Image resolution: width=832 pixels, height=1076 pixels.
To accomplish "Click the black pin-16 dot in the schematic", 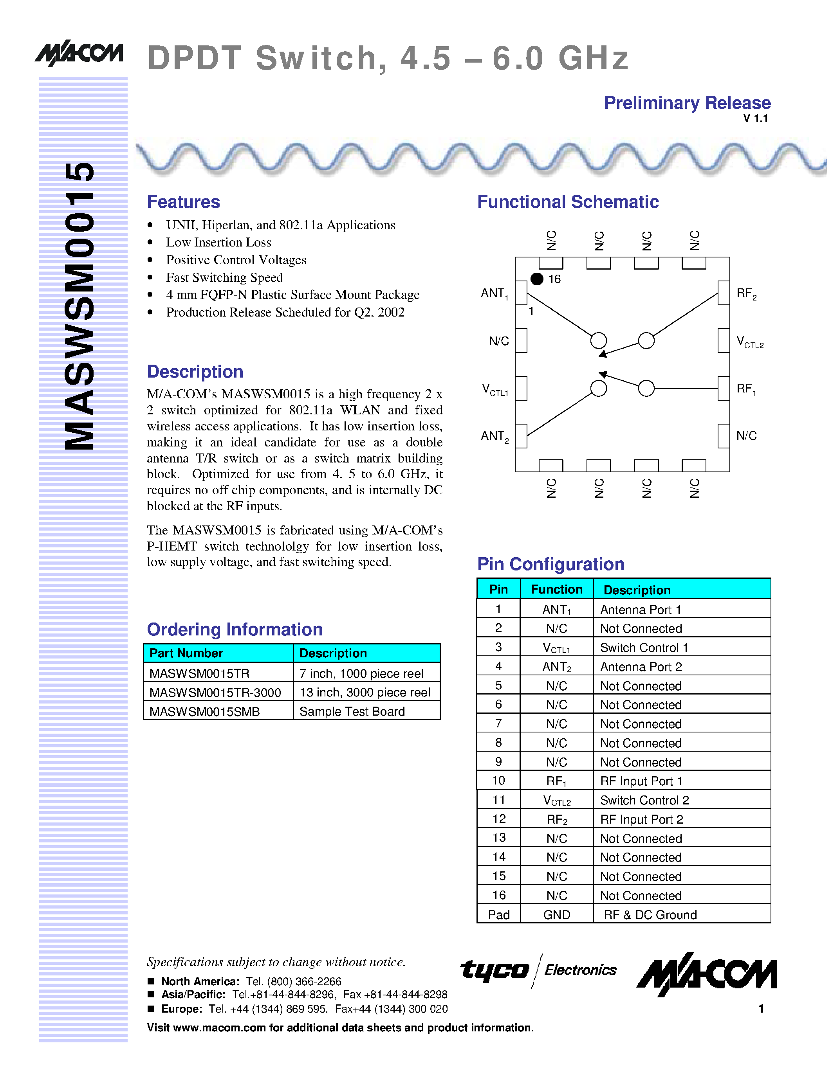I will pos(537,279).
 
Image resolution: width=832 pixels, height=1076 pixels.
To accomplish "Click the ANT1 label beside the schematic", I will pos(494,293).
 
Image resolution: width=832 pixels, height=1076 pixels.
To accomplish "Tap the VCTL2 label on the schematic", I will pos(749,342).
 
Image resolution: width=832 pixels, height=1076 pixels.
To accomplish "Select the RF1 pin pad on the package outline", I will pos(724,388).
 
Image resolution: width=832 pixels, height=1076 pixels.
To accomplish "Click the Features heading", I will pos(183,202).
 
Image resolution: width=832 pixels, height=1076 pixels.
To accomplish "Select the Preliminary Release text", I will pos(687,103).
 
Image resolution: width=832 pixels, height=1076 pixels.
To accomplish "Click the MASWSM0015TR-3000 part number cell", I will pos(215,692).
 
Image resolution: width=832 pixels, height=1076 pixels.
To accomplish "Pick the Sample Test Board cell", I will pos(352,711).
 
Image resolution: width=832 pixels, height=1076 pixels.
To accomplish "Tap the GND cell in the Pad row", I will pos(556,915).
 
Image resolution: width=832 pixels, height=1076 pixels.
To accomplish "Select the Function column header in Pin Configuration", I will pos(556,589).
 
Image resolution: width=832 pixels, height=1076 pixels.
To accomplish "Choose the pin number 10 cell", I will pos(498,781).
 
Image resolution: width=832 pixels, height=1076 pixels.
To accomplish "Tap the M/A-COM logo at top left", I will pos(79,53).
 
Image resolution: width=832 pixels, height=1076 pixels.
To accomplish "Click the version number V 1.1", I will pos(755,118).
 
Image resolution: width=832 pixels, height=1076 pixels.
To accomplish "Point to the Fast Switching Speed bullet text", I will pos(224,277).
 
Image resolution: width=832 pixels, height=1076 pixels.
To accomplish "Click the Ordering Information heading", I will pos(235,630).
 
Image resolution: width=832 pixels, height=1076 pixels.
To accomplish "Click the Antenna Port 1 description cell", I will pos(640,610).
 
